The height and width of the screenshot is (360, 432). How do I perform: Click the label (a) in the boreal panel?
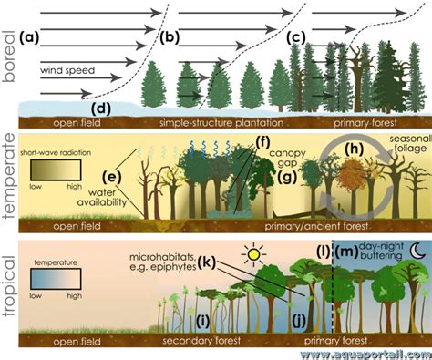pyautogui.click(x=29, y=37)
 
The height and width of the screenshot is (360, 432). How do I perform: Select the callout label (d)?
pyautogui.click(x=101, y=109)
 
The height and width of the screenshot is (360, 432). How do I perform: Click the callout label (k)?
pyautogui.click(x=207, y=262)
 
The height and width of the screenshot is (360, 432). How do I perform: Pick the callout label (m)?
pyautogui.click(x=346, y=251)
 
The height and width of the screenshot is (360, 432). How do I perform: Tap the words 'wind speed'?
pyautogui.click(x=67, y=70)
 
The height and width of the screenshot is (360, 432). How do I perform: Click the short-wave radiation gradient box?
pyautogui.click(x=56, y=170)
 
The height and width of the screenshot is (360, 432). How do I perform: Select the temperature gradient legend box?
pyautogui.click(x=56, y=280)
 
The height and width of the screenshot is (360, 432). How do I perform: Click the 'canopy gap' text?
pyautogui.click(x=287, y=158)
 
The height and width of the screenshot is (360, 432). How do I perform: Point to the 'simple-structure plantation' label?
pyautogui.click(x=221, y=123)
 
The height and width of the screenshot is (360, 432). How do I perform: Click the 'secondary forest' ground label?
pyautogui.click(x=201, y=341)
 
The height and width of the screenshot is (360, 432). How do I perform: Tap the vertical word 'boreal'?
pyautogui.click(x=9, y=57)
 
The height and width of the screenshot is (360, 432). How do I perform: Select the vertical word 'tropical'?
pyautogui.click(x=10, y=286)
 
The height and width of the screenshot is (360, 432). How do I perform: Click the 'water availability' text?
pyautogui.click(x=102, y=197)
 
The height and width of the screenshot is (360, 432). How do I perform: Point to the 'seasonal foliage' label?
pyautogui.click(x=410, y=144)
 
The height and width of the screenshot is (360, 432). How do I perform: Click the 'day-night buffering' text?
pyautogui.click(x=381, y=251)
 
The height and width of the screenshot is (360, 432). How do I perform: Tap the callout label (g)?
pyautogui.click(x=287, y=178)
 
